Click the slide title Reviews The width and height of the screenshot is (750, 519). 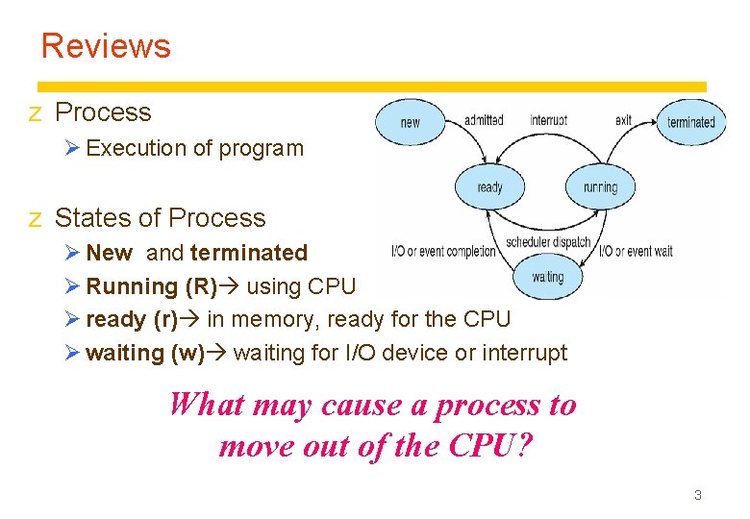coord(106,45)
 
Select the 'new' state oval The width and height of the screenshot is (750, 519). coord(411,122)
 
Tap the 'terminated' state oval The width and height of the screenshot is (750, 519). coord(691,122)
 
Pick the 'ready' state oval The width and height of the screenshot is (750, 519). coord(489,187)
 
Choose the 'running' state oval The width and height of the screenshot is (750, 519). coord(600,187)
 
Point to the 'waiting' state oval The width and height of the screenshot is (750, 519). coord(547,277)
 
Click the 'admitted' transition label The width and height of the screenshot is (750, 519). coord(484,120)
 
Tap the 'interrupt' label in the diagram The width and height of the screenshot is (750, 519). coord(548,120)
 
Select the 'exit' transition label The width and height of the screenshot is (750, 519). coord(623,120)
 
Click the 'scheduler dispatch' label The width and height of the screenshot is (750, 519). coord(548,242)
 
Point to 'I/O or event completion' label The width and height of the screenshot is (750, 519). coord(443,252)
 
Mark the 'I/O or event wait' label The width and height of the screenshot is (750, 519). coord(636,252)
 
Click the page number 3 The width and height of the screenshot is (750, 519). coord(698,495)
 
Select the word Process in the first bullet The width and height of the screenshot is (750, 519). coord(103,112)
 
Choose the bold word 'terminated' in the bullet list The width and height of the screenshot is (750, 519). coord(249,253)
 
